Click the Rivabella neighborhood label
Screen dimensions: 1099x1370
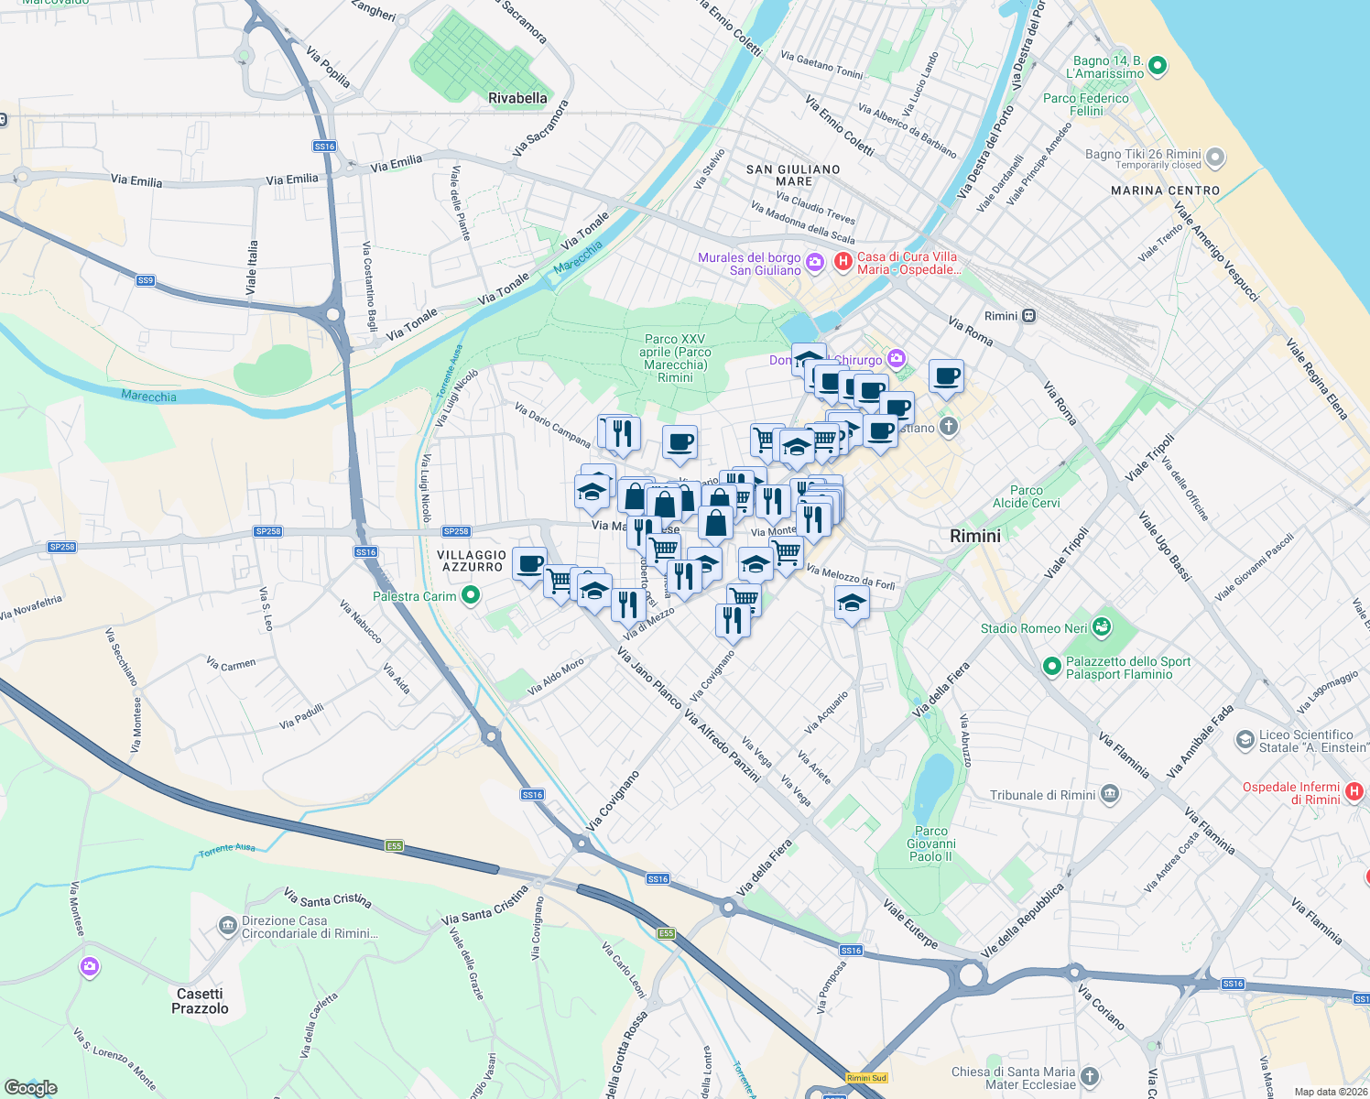point(517,98)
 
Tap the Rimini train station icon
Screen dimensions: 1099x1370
point(1029,316)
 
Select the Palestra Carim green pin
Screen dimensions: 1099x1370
point(471,596)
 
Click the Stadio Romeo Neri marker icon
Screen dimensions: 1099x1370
point(1101,627)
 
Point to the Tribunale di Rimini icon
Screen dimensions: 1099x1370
point(1110,794)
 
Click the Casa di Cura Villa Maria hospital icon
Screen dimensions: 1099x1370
point(843,263)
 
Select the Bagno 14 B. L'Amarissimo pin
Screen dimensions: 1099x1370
point(1157,66)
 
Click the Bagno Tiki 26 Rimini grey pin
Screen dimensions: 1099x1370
point(1215,158)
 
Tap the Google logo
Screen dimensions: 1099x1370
point(30,1087)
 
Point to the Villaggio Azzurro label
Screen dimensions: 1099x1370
point(472,560)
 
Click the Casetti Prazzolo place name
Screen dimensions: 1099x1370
point(200,1001)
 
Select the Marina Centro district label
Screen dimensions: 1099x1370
point(1165,190)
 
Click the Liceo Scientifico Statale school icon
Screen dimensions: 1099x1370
point(1245,740)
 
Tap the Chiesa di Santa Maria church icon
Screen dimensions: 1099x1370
point(1089,1076)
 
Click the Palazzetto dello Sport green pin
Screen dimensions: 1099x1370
point(1052,667)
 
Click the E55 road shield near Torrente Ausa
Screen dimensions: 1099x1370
point(394,845)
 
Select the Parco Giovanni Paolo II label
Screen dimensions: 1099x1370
point(931,843)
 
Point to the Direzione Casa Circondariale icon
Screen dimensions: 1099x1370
point(227,926)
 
